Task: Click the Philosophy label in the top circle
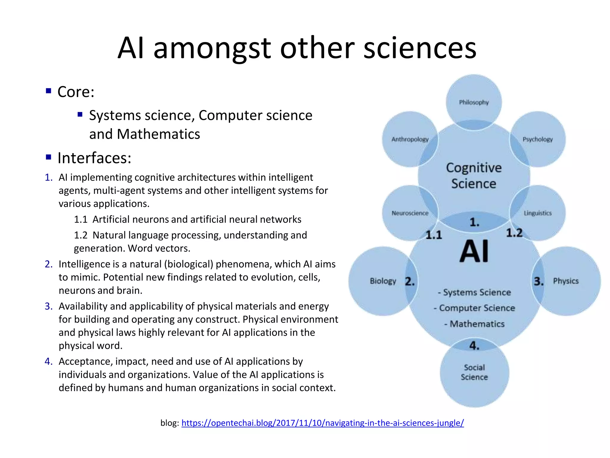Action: (474, 103)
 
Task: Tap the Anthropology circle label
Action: (410, 139)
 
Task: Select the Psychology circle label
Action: (538, 139)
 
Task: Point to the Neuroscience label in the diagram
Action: (410, 213)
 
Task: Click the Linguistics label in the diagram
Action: (538, 213)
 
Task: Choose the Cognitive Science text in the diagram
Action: (474, 176)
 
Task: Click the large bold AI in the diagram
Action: (474, 251)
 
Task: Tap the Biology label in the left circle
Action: (383, 281)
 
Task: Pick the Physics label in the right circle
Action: (566, 281)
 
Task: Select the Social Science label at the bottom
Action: (474, 372)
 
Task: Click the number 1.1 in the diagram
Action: (434, 235)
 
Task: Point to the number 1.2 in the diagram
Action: (514, 233)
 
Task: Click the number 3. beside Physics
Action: (539, 281)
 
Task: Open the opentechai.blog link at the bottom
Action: (323, 423)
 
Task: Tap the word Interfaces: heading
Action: (94, 158)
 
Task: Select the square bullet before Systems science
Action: (80, 114)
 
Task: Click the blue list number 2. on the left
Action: (49, 264)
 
